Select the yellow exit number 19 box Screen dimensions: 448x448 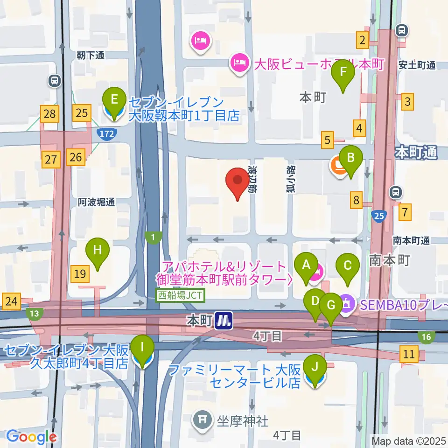(81, 273)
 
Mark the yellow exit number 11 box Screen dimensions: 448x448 (409, 354)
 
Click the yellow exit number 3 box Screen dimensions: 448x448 (408, 101)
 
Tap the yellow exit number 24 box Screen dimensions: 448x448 (11, 302)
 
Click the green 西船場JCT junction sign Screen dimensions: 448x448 (180, 295)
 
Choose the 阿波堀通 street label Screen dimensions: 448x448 (96, 202)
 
